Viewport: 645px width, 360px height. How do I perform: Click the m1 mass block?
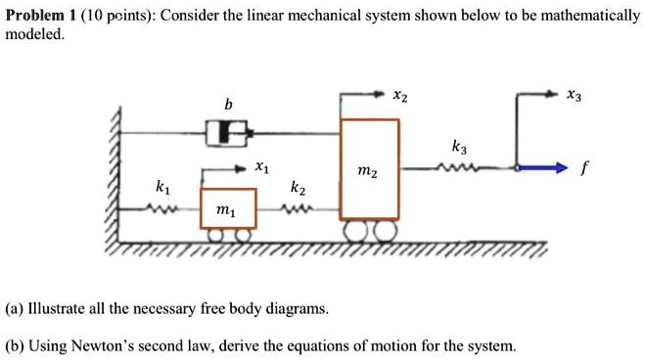click(228, 207)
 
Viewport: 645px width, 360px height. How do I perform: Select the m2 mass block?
click(369, 168)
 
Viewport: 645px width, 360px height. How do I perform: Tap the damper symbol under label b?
click(226, 131)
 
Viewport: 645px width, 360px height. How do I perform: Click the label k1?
click(161, 185)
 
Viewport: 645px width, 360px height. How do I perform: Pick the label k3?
click(459, 147)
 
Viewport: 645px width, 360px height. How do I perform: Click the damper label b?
click(228, 104)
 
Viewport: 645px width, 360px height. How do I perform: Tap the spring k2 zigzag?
click(298, 208)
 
